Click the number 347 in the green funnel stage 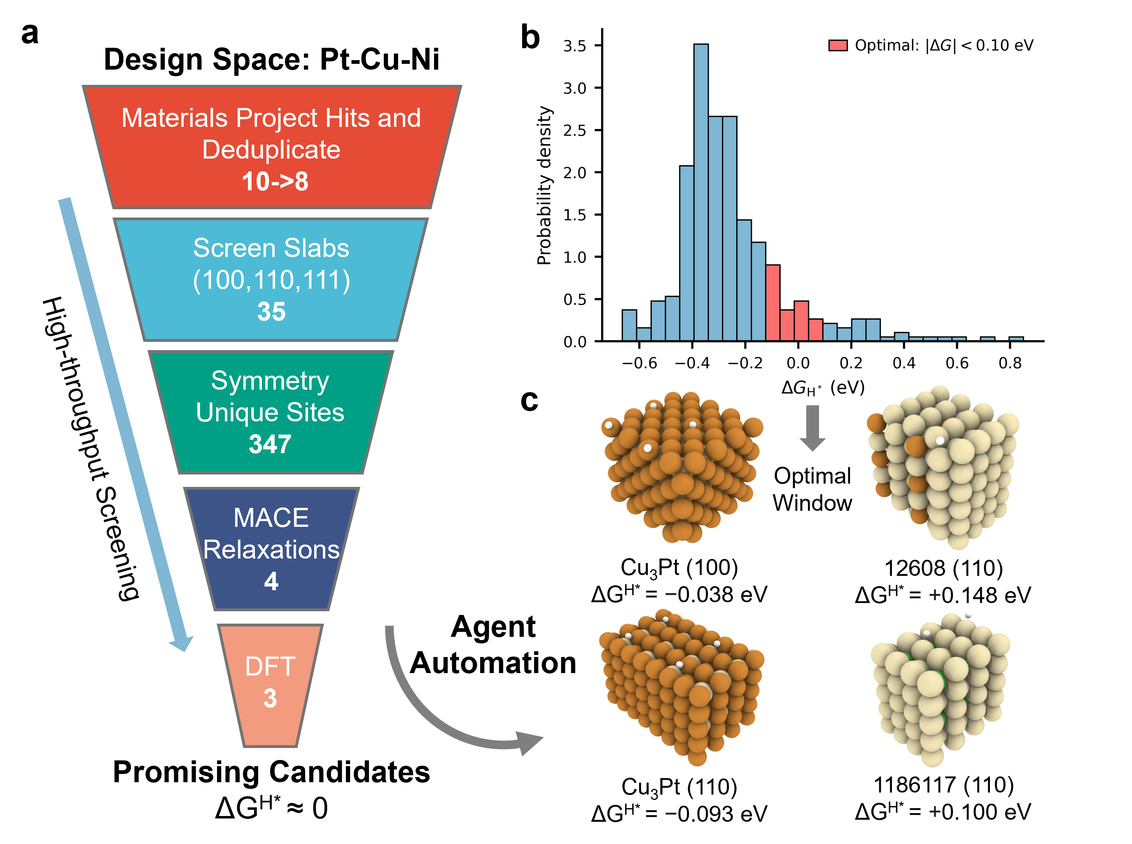tap(270, 444)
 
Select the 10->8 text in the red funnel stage tap(275, 181)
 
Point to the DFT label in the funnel tap(270, 666)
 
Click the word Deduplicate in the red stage tap(271, 150)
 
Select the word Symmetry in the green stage tap(270, 381)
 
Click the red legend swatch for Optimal tap(838, 45)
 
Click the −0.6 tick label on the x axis tap(639, 363)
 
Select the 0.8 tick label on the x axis tap(1010, 363)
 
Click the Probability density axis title tap(544, 185)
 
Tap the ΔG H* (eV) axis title tap(823, 388)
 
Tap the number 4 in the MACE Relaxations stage tap(271, 581)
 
